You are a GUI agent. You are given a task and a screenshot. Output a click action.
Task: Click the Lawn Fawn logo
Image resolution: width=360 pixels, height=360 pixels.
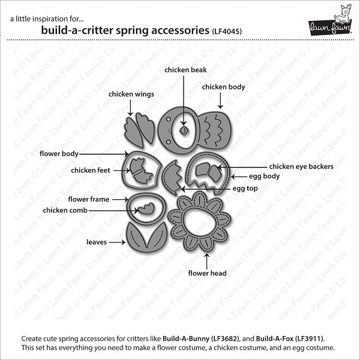pyautogui.click(x=329, y=20)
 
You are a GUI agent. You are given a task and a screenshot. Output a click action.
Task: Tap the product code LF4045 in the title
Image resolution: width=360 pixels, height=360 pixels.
pyautogui.click(x=227, y=31)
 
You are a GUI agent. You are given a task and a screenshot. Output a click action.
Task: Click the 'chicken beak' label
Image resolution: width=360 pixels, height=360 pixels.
pyautogui.click(x=185, y=70)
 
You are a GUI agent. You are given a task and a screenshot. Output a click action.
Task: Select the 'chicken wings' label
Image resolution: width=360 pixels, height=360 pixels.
pyautogui.click(x=131, y=94)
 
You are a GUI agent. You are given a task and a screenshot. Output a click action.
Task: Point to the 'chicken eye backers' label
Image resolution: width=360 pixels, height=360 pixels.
pyautogui.click(x=301, y=166)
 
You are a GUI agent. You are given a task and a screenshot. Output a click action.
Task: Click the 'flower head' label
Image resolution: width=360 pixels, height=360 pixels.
pyautogui.click(x=208, y=273)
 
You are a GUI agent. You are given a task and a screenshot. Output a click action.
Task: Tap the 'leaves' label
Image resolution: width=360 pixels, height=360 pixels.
pyautogui.click(x=97, y=242)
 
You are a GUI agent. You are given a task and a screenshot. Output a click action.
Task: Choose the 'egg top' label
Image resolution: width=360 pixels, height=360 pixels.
pyautogui.click(x=245, y=188)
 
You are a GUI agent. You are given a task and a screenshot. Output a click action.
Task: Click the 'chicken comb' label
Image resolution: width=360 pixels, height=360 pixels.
pyautogui.click(x=65, y=211)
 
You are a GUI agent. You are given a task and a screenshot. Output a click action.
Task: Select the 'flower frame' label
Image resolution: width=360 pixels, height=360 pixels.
pyautogui.click(x=89, y=199)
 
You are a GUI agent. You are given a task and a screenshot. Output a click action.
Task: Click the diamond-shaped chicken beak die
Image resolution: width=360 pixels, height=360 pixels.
pyautogui.click(x=184, y=131)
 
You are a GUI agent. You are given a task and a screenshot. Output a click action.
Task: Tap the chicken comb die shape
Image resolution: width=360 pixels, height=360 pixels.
pyautogui.click(x=146, y=209)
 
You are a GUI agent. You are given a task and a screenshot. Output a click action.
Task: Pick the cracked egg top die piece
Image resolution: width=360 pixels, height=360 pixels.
pyautogui.click(x=173, y=178)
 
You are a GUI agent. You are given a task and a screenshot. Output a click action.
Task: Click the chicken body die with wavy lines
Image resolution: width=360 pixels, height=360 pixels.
pyautogui.click(x=215, y=130)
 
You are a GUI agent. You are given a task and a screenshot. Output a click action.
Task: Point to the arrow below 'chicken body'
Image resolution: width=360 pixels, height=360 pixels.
pyautogui.click(x=220, y=101)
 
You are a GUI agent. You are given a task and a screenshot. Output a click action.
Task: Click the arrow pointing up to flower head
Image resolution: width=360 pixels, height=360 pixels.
pyautogui.click(x=207, y=261)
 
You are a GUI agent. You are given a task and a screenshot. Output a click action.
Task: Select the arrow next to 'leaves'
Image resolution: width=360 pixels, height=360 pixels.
pyautogui.click(x=118, y=242)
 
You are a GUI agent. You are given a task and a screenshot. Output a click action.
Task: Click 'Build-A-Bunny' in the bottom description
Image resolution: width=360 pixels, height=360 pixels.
pyautogui.click(x=186, y=338)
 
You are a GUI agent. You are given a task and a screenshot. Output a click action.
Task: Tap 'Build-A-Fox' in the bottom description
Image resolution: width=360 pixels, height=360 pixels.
pyautogui.click(x=275, y=338)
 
